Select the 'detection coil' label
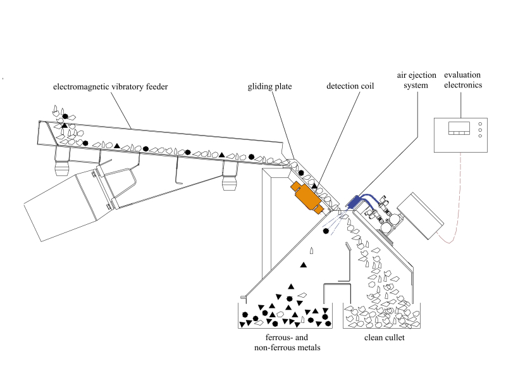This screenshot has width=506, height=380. click(350, 87)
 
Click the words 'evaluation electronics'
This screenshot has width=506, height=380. click(464, 79)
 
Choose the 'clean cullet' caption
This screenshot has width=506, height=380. click(384, 338)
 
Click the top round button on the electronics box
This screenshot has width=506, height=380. click(480, 123)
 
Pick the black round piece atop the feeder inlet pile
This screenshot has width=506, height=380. click(65, 116)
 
